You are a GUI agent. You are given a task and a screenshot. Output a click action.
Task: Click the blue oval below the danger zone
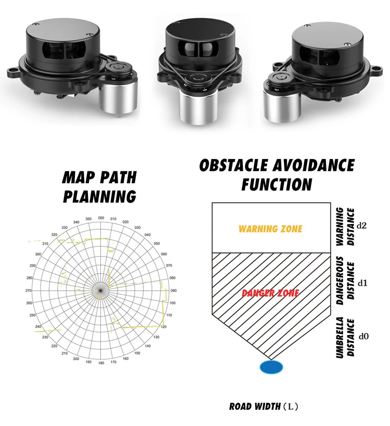point(271,367)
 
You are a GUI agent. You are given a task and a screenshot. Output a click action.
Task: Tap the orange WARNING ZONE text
point(270,229)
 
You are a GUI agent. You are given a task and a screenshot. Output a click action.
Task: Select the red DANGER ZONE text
point(270,293)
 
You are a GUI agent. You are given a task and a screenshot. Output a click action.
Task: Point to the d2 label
point(363,226)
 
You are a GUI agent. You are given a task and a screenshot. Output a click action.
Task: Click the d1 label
point(363,283)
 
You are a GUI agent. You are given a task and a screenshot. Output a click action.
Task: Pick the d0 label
point(363,336)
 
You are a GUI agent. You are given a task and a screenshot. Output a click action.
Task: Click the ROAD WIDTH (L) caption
point(264,406)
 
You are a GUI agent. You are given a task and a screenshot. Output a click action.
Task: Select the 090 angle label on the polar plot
point(173,290)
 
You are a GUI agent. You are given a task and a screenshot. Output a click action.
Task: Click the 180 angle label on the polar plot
point(101,363)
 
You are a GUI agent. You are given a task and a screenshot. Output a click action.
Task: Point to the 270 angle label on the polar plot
point(30,290)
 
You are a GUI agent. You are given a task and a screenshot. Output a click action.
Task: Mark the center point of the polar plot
point(101,290)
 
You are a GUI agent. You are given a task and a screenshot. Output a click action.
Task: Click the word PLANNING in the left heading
point(99,197)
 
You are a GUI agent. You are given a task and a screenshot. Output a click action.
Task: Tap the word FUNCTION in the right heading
point(277,184)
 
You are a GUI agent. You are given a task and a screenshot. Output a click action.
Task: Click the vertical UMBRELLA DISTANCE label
point(344,337)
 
